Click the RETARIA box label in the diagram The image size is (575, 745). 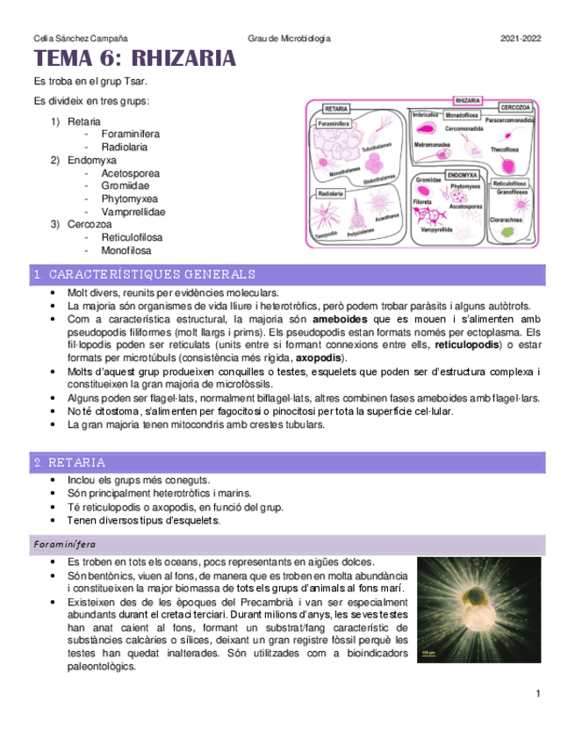tap(336, 109)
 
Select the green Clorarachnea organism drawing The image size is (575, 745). tap(507, 233)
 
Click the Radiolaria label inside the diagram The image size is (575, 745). tap(329, 192)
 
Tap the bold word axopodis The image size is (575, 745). tap(320, 358)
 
